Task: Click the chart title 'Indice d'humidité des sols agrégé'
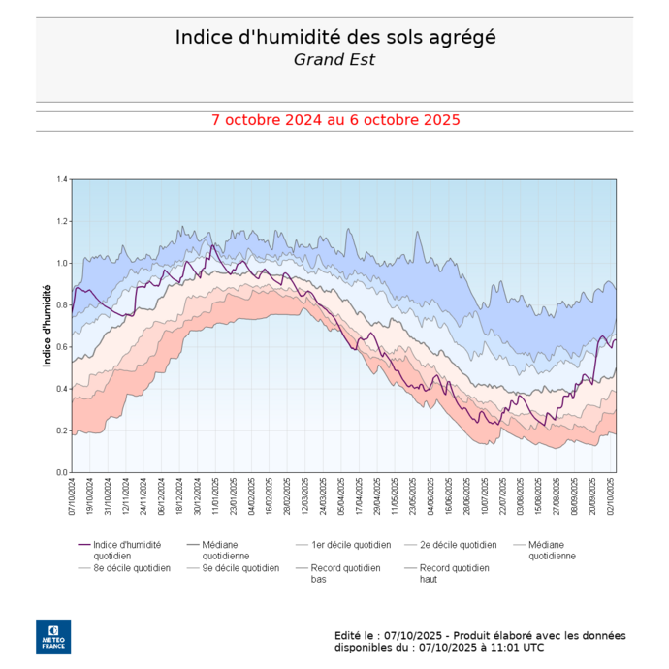pyautogui.click(x=334, y=37)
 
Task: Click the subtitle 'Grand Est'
pyautogui.click(x=334, y=59)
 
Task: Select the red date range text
pyautogui.click(x=334, y=120)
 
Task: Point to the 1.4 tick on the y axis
pyautogui.click(x=62, y=179)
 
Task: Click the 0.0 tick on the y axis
pyautogui.click(x=62, y=472)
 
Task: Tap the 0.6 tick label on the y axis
pyautogui.click(x=62, y=347)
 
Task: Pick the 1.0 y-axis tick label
pyautogui.click(x=62, y=263)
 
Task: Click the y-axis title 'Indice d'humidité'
pyautogui.click(x=47, y=325)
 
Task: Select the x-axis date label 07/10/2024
pyautogui.click(x=73, y=496)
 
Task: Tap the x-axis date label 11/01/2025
pyautogui.click(x=215, y=496)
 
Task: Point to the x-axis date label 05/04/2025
pyautogui.click(x=340, y=496)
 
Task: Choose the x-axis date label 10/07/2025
pyautogui.click(x=484, y=496)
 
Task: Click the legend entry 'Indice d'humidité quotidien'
pyautogui.click(x=127, y=550)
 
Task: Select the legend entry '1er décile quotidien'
pyautogui.click(x=351, y=545)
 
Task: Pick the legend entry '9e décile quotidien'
pyautogui.click(x=240, y=568)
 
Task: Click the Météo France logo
pyautogui.click(x=53, y=636)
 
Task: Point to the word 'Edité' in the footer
pyautogui.click(x=351, y=635)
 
